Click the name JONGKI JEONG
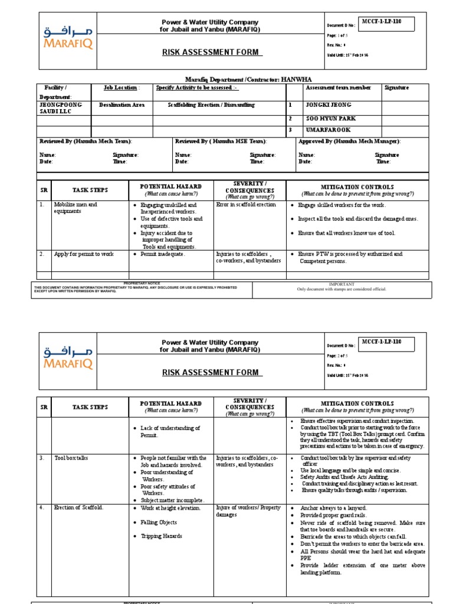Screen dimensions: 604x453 [x=327, y=104]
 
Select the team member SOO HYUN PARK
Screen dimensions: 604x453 [x=330, y=119]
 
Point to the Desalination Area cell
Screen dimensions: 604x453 [x=122, y=104]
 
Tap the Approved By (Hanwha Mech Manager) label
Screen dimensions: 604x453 [x=350, y=142]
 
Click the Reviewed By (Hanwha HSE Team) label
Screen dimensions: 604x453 [x=221, y=142]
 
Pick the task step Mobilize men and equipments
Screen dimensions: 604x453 [x=75, y=208]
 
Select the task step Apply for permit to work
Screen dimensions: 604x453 [x=84, y=254]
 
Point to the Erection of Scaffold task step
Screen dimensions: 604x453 [x=78, y=507]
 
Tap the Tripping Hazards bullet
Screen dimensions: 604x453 [x=161, y=536]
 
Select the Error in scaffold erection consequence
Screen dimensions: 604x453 [x=246, y=205]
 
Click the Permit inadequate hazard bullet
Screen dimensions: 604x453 [x=162, y=254]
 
